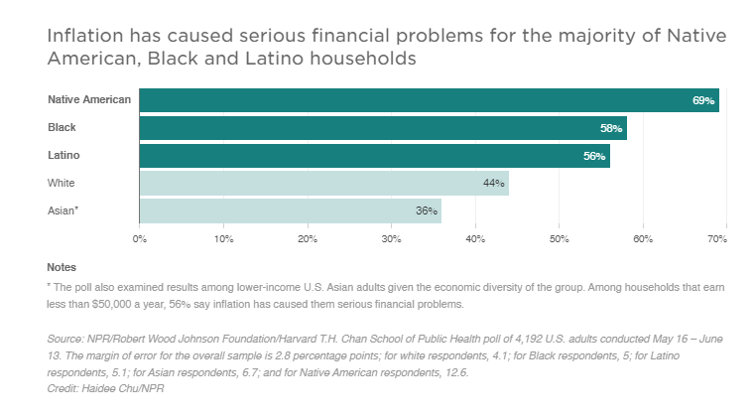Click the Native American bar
pyautogui.click(x=429, y=100)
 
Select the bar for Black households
pyautogui.click(x=383, y=128)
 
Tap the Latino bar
pyautogui.click(x=374, y=156)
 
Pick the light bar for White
pyautogui.click(x=323, y=183)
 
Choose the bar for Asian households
pyautogui.click(x=290, y=210)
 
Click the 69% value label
pyautogui.click(x=703, y=101)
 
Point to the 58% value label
pyautogui.click(x=611, y=128)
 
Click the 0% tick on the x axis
pyautogui.click(x=140, y=239)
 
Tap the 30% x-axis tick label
pyautogui.click(x=391, y=239)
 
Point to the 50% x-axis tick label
pyautogui.click(x=559, y=239)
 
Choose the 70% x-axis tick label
pyautogui.click(x=718, y=239)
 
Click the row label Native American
pyautogui.click(x=89, y=100)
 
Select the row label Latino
pyautogui.click(x=63, y=156)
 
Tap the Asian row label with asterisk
pyautogui.click(x=63, y=210)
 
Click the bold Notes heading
pyautogui.click(x=62, y=267)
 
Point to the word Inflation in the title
pyautogui.click(x=81, y=37)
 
